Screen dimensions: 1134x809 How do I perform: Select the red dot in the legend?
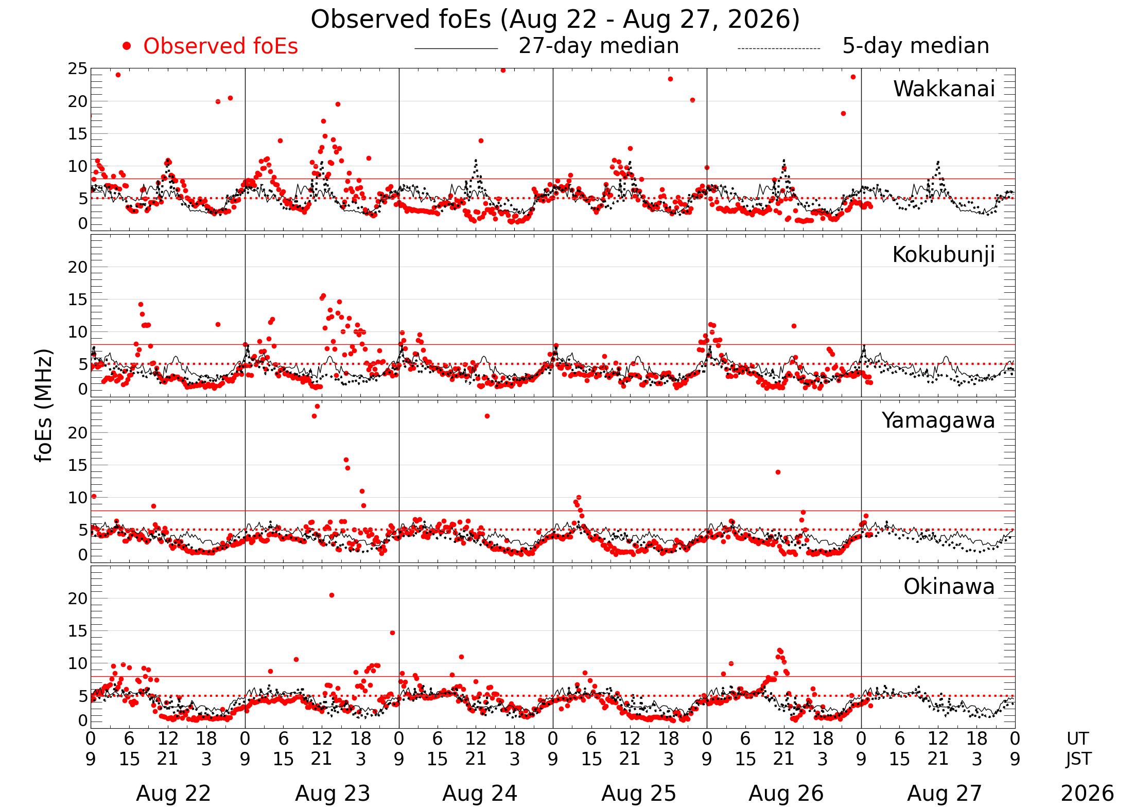(127, 46)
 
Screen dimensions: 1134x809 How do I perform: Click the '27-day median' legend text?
(599, 46)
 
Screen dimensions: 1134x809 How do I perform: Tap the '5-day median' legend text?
(916, 46)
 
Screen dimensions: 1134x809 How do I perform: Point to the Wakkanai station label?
(944, 89)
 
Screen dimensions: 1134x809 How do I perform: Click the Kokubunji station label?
(944, 255)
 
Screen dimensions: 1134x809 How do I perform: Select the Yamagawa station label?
(938, 420)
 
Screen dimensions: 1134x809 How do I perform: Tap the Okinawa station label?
(949, 587)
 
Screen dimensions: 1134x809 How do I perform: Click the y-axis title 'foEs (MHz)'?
(44, 406)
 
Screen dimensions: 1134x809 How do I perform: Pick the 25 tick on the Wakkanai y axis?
(78, 68)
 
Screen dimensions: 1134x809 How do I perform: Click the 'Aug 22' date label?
(173, 794)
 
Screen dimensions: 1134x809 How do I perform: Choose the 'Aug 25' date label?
(639, 794)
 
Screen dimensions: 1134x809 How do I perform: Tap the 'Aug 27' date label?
(945, 794)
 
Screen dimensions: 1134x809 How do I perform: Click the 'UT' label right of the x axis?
(1077, 739)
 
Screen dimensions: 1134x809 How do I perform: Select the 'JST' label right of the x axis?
(1078, 759)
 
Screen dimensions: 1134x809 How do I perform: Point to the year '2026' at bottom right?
(1087, 794)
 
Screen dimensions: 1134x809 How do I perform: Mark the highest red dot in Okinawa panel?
(332, 595)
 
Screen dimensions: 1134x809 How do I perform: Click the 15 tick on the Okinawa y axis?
(78, 631)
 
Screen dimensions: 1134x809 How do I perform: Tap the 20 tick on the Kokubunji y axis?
(78, 267)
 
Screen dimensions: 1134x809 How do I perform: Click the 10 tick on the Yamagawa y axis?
(78, 498)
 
